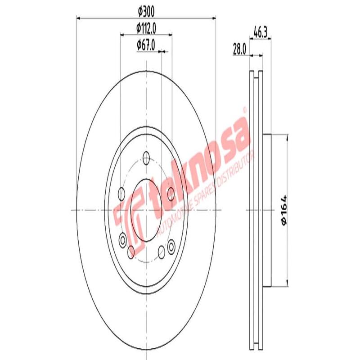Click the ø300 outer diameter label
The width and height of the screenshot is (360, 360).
[146, 9]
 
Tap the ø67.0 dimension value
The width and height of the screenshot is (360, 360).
[146, 45]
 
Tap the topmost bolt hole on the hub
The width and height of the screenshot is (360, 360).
[146, 157]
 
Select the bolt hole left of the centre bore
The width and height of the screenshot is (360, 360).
[121, 194]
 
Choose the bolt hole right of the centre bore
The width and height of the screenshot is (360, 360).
[171, 194]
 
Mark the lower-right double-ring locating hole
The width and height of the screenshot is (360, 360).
[171, 247]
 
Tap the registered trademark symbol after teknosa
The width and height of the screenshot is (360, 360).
[244, 109]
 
